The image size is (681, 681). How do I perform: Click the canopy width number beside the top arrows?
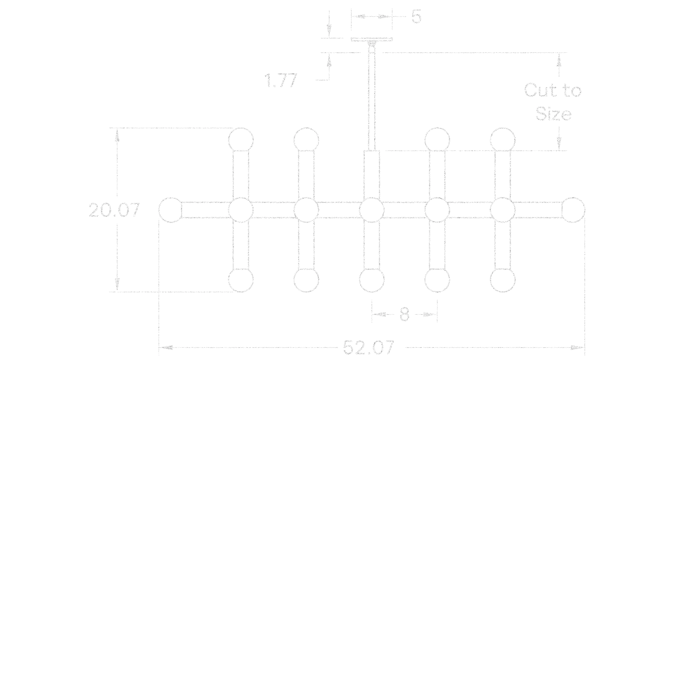click(x=416, y=17)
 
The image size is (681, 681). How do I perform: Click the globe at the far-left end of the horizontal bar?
click(x=171, y=210)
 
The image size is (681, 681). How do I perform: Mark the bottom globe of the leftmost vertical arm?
click(x=240, y=280)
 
